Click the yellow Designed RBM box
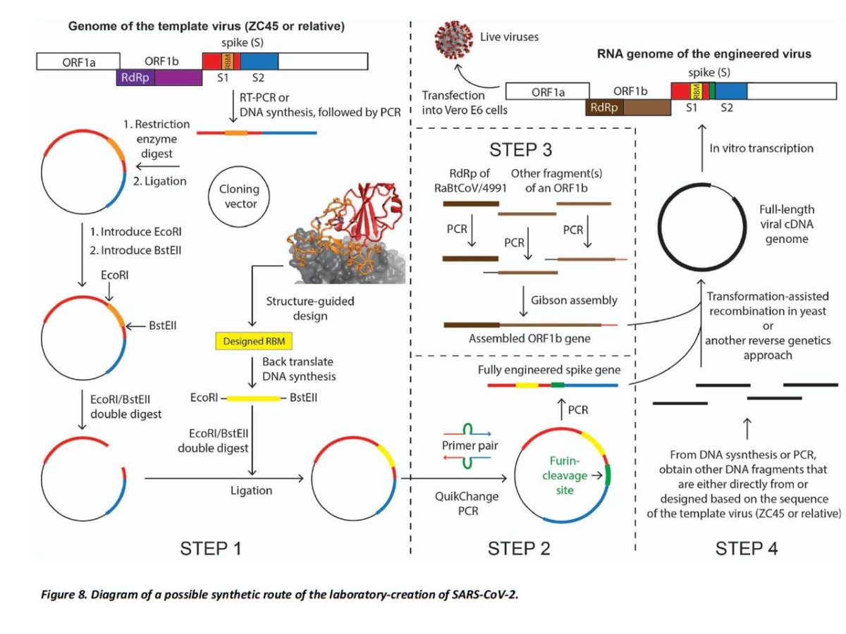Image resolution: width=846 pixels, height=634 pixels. [x=254, y=341]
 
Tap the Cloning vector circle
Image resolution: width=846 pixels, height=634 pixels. [x=239, y=167]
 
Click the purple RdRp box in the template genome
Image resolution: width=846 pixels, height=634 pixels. [x=159, y=77]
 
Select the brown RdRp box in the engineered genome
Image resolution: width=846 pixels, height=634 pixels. [x=628, y=107]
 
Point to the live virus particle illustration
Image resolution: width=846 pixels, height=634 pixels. [x=453, y=40]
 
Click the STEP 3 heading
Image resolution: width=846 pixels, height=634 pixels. [x=521, y=149]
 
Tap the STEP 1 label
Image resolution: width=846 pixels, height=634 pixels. [x=211, y=549]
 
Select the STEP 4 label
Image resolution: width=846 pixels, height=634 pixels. [x=746, y=549]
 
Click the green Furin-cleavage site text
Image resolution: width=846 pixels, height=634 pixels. [x=565, y=475]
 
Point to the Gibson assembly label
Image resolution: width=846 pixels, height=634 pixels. [x=574, y=300]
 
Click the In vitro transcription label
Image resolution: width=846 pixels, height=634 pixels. [x=761, y=148]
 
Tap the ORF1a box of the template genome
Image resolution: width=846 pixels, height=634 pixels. [x=78, y=61]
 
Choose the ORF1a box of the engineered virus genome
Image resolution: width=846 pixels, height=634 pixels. [x=547, y=92]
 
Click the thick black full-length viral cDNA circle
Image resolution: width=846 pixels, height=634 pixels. [x=658, y=227]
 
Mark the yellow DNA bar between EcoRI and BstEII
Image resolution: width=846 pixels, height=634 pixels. [x=253, y=398]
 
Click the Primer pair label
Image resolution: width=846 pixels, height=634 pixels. [x=470, y=445]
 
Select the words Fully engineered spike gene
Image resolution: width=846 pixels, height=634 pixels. [x=549, y=370]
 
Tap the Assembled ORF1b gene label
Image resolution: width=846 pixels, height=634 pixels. [x=529, y=338]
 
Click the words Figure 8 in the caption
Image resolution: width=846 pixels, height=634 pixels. [x=63, y=595]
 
